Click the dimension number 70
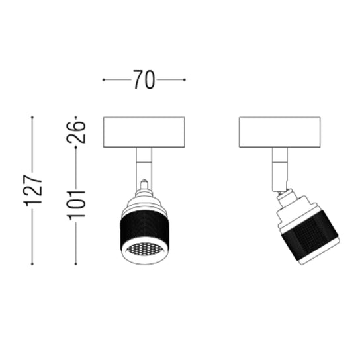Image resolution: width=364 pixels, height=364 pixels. (144, 79)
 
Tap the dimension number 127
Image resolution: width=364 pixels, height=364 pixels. (32, 191)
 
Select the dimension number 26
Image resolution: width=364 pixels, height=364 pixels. (76, 132)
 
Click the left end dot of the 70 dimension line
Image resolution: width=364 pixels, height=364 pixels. (104, 80)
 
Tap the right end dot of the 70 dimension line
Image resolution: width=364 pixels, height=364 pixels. (185, 80)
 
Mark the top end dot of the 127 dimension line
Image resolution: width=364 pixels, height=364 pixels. (32, 117)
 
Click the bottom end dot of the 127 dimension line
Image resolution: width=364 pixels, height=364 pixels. (32, 264)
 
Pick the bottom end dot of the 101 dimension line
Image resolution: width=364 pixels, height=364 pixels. (75, 264)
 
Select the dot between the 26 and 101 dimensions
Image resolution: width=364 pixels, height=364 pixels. (75, 147)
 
